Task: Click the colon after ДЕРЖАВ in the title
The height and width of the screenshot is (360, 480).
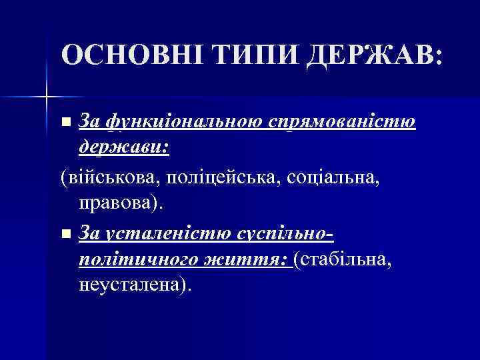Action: click(437, 58)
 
